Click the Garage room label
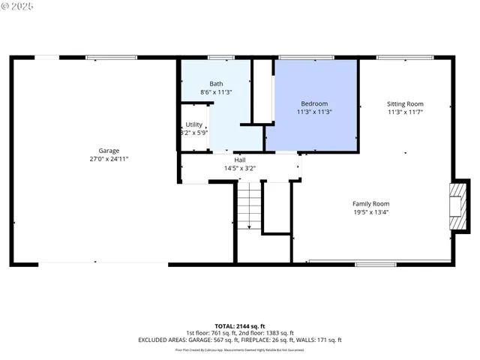(x=109, y=150)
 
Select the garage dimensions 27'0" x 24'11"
(x=109, y=159)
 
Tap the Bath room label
(x=216, y=84)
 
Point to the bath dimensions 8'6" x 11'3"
(x=216, y=92)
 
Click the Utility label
(x=194, y=124)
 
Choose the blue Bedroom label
(x=314, y=103)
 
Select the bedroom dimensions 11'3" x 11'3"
(x=314, y=112)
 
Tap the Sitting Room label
(x=405, y=103)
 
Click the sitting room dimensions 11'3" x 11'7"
(x=405, y=112)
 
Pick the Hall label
(x=240, y=160)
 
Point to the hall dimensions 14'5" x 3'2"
(x=240, y=168)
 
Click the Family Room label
(x=371, y=203)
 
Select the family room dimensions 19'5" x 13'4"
(x=371, y=211)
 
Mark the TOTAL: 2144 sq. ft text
(x=240, y=325)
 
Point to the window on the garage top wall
(x=111, y=57)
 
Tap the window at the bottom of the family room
(x=376, y=263)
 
